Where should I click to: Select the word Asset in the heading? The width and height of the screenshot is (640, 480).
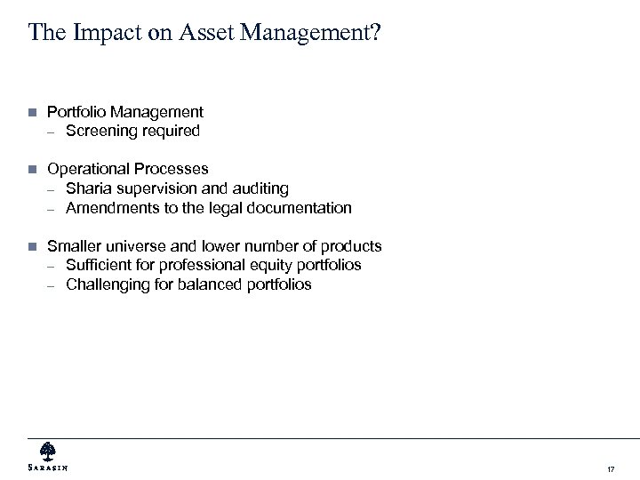(179, 33)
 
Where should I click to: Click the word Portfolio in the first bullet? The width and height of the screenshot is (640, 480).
(75, 112)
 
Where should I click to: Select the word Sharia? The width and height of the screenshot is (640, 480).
(86, 188)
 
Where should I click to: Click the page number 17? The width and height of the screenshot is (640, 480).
(610, 468)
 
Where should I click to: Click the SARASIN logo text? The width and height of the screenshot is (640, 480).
(48, 468)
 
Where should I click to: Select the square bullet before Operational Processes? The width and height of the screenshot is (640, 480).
(31, 169)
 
